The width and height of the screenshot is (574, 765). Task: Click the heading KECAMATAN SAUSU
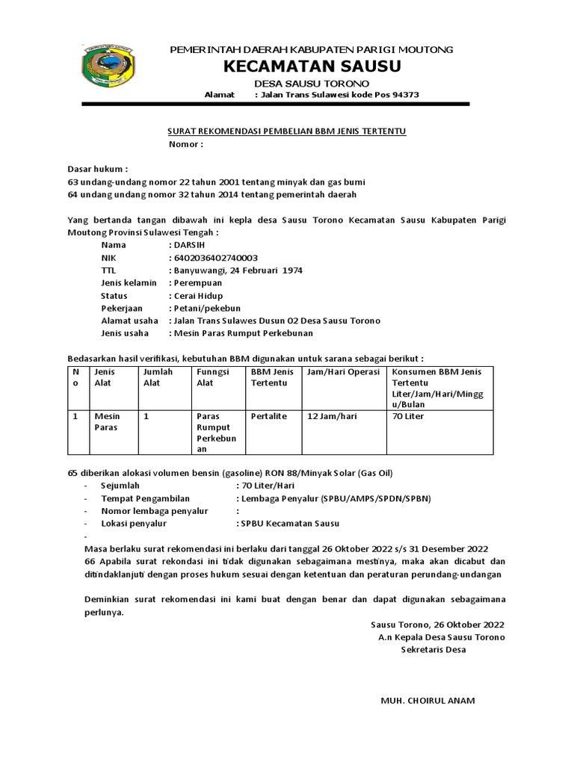pyautogui.click(x=312, y=66)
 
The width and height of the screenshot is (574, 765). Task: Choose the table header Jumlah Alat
pyautogui.click(x=158, y=377)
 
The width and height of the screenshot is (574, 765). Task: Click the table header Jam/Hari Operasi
pyautogui.click(x=343, y=371)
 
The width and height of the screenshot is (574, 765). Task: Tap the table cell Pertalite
pyautogui.click(x=269, y=416)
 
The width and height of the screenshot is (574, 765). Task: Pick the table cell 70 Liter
pyautogui.click(x=407, y=416)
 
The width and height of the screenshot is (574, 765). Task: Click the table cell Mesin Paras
pyautogui.click(x=106, y=422)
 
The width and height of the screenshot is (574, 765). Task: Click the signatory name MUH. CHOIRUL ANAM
pyautogui.click(x=428, y=701)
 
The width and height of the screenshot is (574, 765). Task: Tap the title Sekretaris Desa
pyautogui.click(x=433, y=650)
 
